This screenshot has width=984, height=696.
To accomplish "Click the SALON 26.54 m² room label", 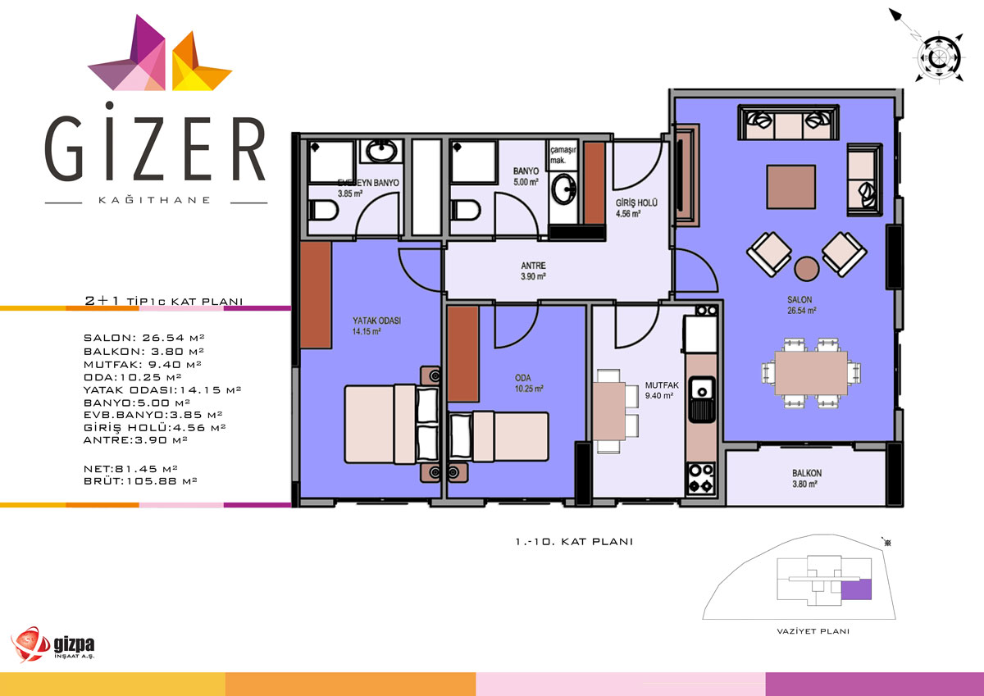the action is (x=802, y=305).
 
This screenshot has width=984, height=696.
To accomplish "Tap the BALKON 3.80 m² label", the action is (x=807, y=479).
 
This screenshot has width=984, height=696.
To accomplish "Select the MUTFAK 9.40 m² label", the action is (x=662, y=390).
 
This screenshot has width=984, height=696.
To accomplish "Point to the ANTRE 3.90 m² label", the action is (x=533, y=271).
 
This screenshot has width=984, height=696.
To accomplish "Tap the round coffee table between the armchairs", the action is (x=807, y=268).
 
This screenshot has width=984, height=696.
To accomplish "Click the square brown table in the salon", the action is (x=790, y=187).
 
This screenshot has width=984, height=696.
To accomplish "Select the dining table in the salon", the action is (x=811, y=373).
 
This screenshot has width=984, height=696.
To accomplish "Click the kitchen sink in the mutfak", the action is (x=701, y=398).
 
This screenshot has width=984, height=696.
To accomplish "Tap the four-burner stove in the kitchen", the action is (x=700, y=479).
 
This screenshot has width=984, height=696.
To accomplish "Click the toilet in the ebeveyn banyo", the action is (x=323, y=211).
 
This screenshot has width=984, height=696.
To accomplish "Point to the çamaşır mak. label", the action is (x=563, y=155).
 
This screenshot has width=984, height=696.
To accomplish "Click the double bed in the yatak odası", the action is (x=392, y=424).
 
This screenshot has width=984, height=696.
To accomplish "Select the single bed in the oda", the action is (x=499, y=436).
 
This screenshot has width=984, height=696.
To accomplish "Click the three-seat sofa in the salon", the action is (x=788, y=122).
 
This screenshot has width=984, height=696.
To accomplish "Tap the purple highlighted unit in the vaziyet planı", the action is (x=856, y=589).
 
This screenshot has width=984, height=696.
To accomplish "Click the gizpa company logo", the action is (x=52, y=644).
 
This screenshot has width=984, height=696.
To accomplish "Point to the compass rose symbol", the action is (x=939, y=57).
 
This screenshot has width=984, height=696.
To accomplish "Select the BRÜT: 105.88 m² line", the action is (x=140, y=481).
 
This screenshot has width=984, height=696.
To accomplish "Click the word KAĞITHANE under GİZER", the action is (x=155, y=200).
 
